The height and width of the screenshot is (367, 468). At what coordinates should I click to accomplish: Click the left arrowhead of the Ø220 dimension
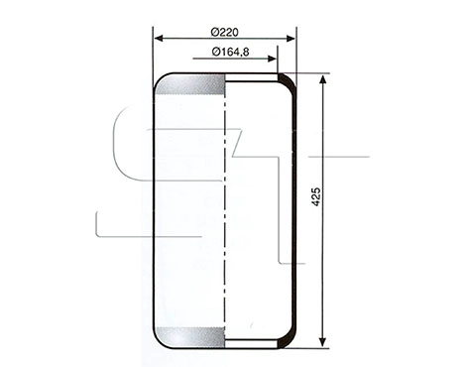159,40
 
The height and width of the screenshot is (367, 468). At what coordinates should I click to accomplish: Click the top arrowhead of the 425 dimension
323,80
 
